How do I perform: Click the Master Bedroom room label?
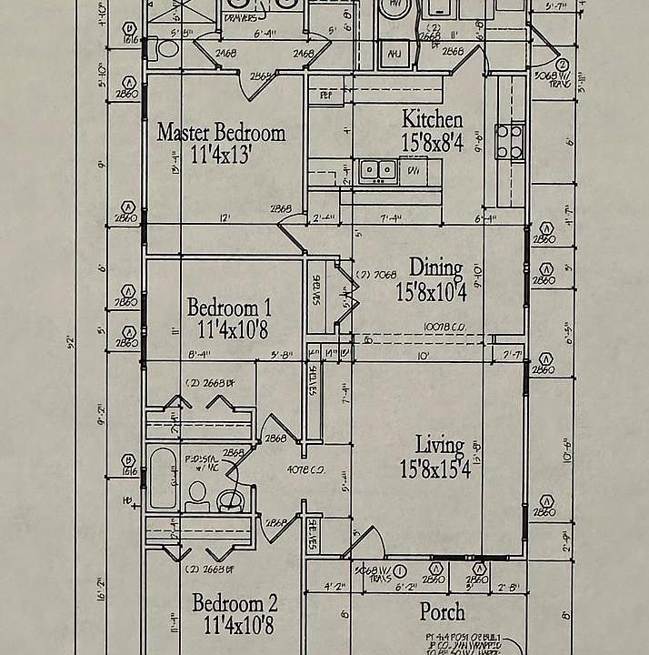[x=221, y=133]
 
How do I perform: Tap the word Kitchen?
[x=432, y=119]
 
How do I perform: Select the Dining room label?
[x=435, y=267]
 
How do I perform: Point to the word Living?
[x=439, y=446]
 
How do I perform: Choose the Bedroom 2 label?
[x=235, y=603]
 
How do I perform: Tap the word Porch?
[x=442, y=611]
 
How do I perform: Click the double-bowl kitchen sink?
[x=374, y=169]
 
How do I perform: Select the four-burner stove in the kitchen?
[x=509, y=142]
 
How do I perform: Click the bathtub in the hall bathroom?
[x=162, y=478]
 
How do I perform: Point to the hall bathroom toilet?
[x=197, y=495]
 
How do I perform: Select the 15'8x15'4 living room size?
[x=434, y=469]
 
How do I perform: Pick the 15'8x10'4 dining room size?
[x=432, y=291]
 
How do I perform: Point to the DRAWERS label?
[x=239, y=15]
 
